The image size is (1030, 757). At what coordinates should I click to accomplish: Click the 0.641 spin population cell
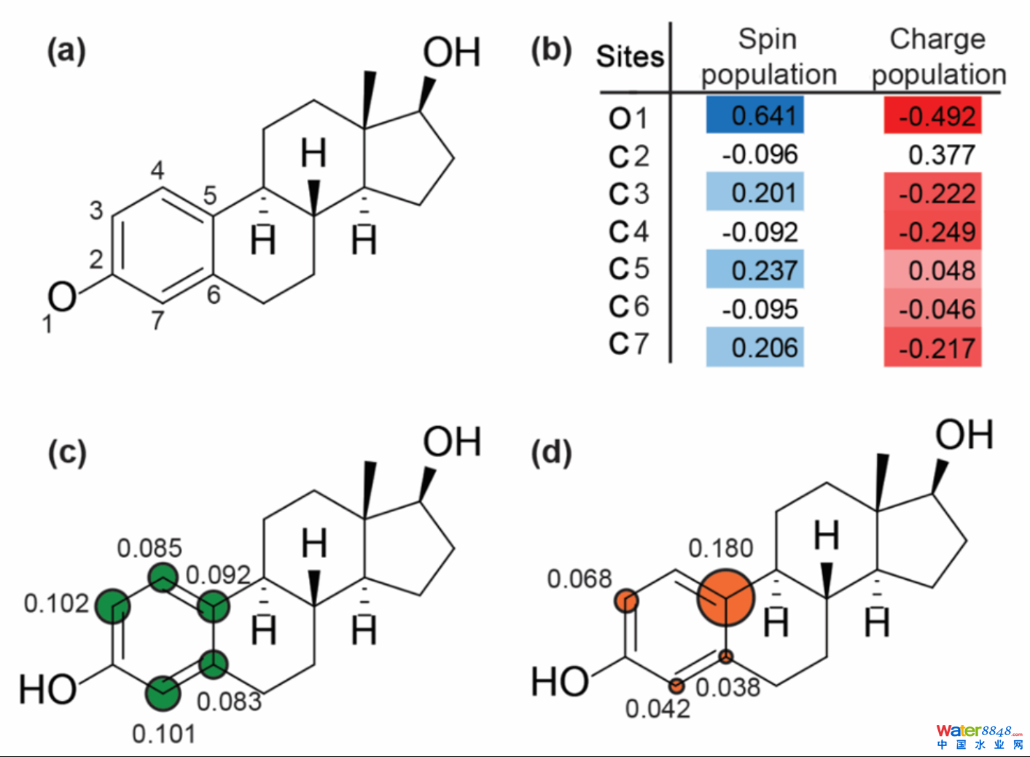[x=755, y=115]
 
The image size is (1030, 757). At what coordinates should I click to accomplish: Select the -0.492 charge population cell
[x=933, y=116]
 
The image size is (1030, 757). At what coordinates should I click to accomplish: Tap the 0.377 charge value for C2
[x=941, y=154]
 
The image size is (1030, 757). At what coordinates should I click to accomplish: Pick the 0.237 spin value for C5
[x=755, y=270]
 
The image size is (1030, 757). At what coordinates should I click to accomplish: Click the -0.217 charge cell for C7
[x=933, y=348]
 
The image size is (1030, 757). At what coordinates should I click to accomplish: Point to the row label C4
[x=629, y=232]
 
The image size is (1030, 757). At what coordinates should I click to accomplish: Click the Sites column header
[x=630, y=56]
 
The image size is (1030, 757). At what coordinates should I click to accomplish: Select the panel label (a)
[x=66, y=51]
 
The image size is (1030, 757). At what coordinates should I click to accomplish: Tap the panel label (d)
[x=551, y=452]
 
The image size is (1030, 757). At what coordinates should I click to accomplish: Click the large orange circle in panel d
[x=725, y=598]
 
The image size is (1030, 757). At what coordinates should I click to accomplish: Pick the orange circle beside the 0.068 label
[x=627, y=601]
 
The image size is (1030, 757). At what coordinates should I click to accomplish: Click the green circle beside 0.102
[x=113, y=605]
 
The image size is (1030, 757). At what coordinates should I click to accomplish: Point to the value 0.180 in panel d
[x=720, y=548]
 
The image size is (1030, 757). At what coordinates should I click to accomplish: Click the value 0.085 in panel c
[x=149, y=548]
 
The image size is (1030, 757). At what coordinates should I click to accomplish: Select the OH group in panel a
[x=451, y=52]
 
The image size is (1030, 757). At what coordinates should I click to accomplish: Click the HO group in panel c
[x=47, y=689]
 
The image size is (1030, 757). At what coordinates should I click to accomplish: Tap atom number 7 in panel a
[x=158, y=320]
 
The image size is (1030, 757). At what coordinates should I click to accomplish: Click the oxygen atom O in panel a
[x=62, y=297]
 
